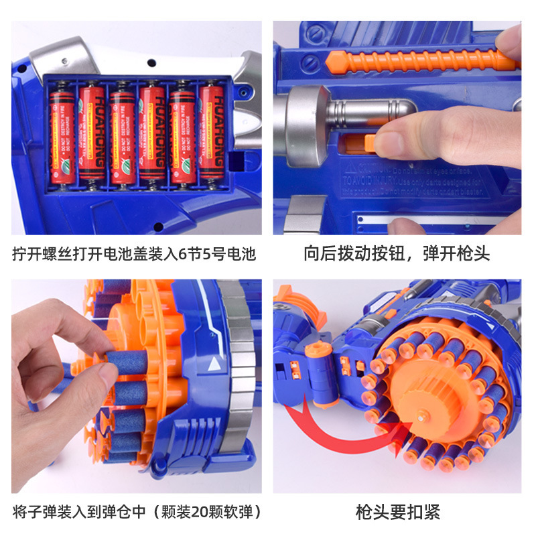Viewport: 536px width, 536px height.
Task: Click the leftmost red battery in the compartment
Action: point(62,133)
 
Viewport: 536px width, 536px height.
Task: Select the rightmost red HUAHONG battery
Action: point(212,133)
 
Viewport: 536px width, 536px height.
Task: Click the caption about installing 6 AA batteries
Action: point(134,254)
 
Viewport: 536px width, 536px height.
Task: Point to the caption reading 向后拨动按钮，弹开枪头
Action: point(397,254)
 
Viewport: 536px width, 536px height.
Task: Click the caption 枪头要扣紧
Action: point(397,513)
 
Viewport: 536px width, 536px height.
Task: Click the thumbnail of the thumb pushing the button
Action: point(397,127)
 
